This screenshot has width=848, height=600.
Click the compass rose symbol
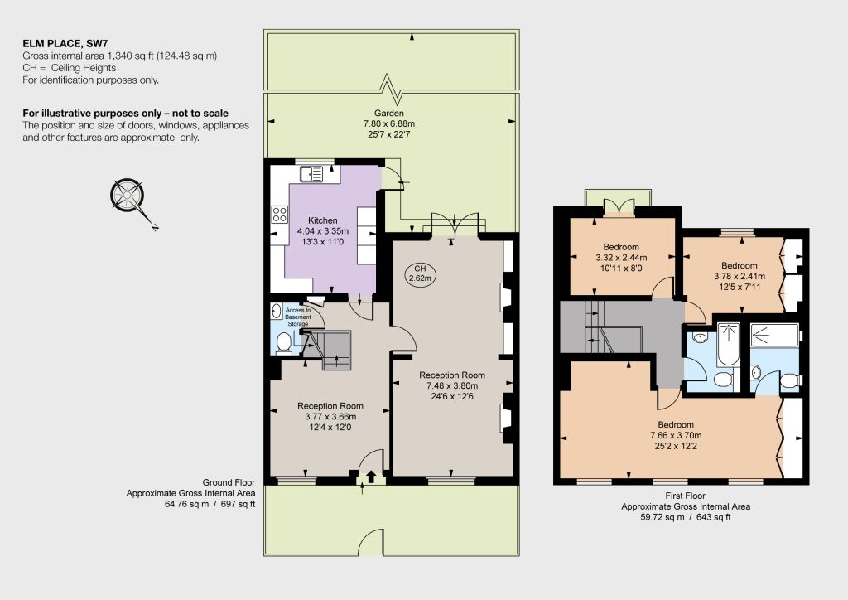pos(128,195)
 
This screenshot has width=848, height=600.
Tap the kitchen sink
pos(311,174)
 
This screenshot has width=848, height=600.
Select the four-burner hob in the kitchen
pos(280,215)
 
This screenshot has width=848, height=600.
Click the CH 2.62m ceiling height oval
pos(420,273)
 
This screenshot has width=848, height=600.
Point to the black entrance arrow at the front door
pos(371,477)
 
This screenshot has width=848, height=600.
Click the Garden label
pos(389,113)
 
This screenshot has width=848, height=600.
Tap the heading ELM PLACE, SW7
pos(69,43)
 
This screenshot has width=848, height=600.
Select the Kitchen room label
pos(323,220)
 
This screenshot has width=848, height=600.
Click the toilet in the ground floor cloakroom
pos(284,343)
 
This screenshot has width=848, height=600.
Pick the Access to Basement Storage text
pos(298,317)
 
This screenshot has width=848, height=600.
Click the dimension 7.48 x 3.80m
pos(452,385)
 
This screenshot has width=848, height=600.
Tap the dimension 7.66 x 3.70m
pos(676,436)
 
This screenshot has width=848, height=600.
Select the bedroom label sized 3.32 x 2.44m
pos(621,247)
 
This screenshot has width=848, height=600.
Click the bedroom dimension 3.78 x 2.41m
pos(740,276)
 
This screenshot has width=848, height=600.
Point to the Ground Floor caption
pos(229,482)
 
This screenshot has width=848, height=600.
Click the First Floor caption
pos(686,496)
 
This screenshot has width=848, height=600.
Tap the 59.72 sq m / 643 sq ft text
pos(686,517)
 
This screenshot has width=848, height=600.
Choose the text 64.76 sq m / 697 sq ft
pos(210,504)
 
